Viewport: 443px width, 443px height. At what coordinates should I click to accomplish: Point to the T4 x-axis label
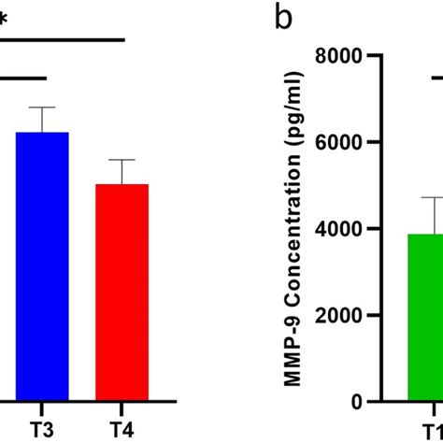[x=121, y=429]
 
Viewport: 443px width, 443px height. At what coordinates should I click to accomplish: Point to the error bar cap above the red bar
[x=121, y=160]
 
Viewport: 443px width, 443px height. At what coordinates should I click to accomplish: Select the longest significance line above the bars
[x=62, y=40]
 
